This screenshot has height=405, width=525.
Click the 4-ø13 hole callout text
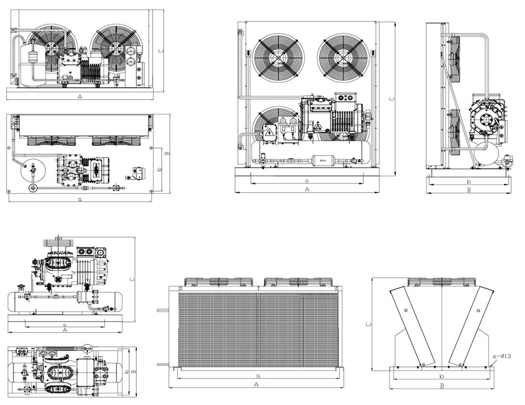pyautogui.click(x=501, y=356)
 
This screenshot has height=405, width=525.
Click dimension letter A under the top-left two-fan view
pyautogui.click(x=80, y=97)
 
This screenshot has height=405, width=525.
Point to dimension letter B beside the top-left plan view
pyautogui.click(x=168, y=153)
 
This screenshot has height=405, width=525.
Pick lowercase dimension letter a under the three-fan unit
pyautogui.click(x=307, y=181)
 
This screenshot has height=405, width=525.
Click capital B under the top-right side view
pyautogui.click(x=469, y=190)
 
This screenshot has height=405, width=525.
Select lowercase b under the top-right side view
pyautogui.click(x=469, y=182)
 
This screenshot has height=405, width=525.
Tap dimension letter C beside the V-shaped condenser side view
pyautogui.click(x=368, y=324)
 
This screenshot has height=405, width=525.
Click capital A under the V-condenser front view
pyautogui.click(x=257, y=384)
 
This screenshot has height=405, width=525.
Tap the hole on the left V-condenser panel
pyautogui.click(x=406, y=310)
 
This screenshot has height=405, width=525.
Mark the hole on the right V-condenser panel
pyautogui.click(x=478, y=310)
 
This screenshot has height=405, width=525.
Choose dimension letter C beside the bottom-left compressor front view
pyautogui.click(x=132, y=279)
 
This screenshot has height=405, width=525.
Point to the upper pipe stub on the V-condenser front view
pyautogui.click(x=163, y=311)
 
